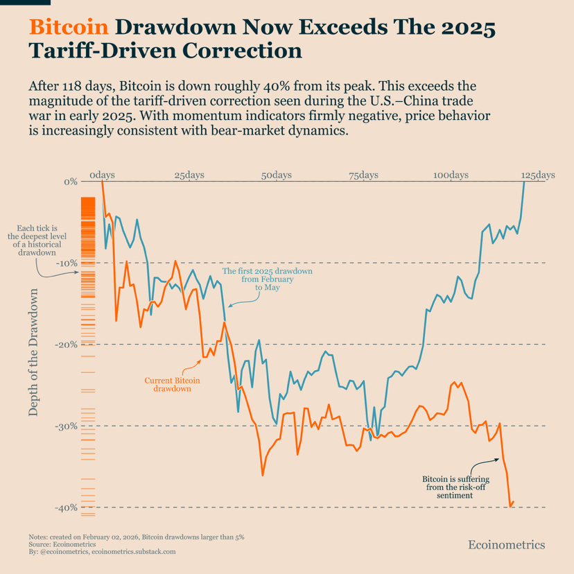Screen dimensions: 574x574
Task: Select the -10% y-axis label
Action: click(67, 263)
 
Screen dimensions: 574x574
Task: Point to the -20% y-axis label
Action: click(67, 345)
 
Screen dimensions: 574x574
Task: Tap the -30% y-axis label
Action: click(67, 426)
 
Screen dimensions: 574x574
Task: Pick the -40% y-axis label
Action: click(67, 507)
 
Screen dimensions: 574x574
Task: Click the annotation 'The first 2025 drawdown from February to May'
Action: click(267, 279)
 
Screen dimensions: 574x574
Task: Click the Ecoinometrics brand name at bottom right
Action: click(507, 545)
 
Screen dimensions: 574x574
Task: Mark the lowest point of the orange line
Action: click(511, 507)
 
